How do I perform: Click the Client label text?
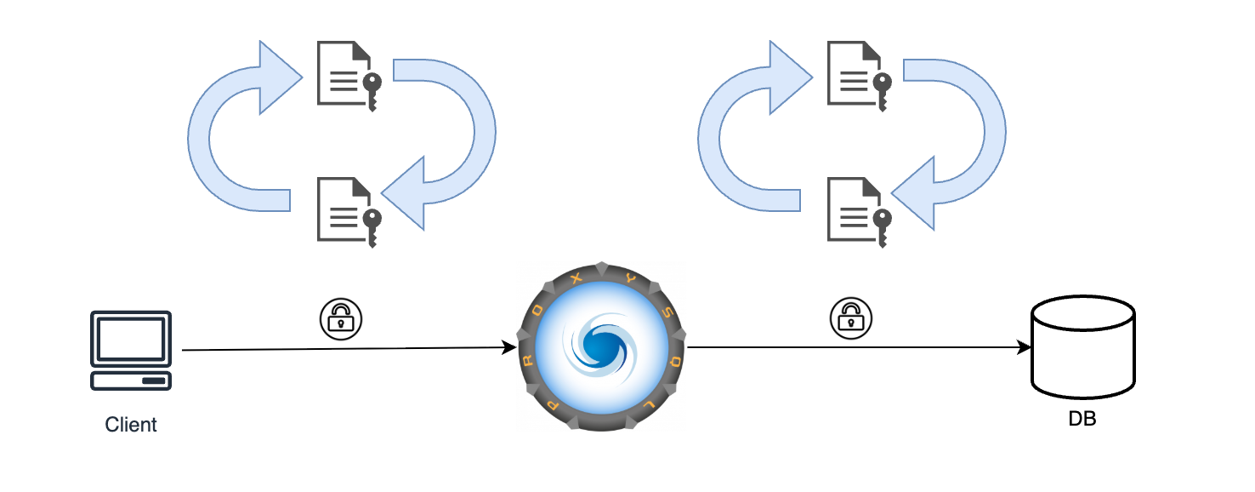131,424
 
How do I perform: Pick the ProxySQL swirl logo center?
602,347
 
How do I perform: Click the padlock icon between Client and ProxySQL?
340,318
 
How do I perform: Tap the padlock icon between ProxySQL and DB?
851,318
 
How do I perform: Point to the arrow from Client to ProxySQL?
349,349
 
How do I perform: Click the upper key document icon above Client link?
348,76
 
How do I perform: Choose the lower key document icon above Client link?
348,211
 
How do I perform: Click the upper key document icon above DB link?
858,76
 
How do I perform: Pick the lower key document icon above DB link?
858,211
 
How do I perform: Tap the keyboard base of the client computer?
131,380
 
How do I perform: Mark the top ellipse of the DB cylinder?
1082,313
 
